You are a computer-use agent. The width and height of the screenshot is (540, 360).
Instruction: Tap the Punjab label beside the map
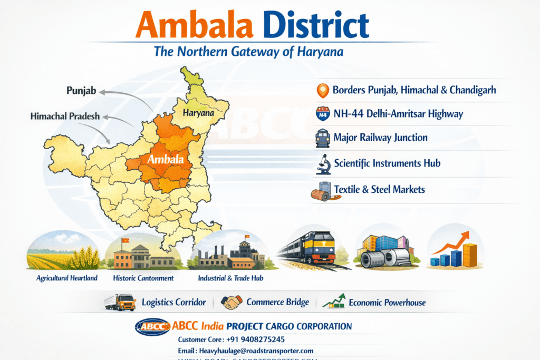click(x=81, y=91)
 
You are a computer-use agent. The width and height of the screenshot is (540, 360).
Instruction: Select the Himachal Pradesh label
click(x=65, y=116)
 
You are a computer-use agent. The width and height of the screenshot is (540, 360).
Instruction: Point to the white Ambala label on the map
click(x=166, y=159)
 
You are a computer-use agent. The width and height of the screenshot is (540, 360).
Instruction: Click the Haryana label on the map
click(x=198, y=113)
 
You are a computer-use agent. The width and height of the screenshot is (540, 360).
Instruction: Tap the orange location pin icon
click(x=322, y=91)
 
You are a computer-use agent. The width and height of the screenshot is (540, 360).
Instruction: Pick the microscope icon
click(x=323, y=164)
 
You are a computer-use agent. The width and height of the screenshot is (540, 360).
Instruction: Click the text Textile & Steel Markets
click(x=379, y=189)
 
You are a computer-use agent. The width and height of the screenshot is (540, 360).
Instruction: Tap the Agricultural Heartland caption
click(x=67, y=278)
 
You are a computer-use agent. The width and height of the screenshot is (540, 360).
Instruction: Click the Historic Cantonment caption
click(x=143, y=278)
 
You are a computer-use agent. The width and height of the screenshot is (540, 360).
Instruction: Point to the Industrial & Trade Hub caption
click(x=230, y=278)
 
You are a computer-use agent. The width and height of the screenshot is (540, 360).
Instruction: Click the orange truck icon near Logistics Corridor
click(x=120, y=302)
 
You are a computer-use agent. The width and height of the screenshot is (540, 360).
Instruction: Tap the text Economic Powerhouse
click(x=387, y=303)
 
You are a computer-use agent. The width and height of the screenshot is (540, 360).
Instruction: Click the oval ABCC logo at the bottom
click(x=152, y=327)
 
